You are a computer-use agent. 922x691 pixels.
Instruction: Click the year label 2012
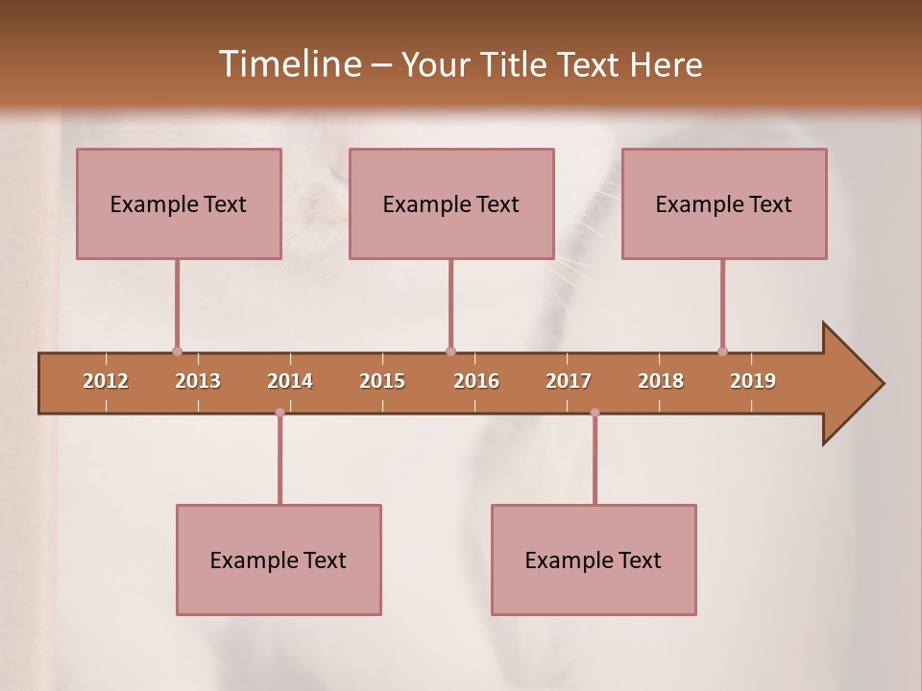[x=106, y=381]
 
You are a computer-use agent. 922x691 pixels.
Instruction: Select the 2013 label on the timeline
[x=198, y=381]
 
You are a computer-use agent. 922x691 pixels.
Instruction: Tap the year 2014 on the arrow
[x=290, y=381]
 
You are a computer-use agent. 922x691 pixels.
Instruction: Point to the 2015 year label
[x=382, y=381]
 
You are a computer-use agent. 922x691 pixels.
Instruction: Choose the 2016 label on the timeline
[x=476, y=381]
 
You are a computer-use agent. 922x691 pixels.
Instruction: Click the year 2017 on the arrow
[x=569, y=381]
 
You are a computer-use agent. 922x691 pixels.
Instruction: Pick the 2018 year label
[x=661, y=381]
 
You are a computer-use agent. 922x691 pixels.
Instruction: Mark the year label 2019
[x=753, y=381]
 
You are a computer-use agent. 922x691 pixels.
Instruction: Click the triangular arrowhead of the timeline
[x=850, y=384]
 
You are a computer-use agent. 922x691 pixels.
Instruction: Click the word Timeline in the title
[x=289, y=64]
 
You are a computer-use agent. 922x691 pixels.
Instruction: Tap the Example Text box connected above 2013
[x=179, y=203]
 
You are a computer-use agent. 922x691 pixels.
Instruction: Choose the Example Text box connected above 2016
[x=451, y=203]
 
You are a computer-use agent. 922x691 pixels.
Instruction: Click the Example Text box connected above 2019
[x=724, y=203]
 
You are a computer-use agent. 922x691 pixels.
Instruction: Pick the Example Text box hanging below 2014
[x=279, y=560]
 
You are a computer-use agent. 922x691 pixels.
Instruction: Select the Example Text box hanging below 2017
[x=594, y=560]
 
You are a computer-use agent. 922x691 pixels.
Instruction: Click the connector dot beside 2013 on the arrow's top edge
[x=177, y=351]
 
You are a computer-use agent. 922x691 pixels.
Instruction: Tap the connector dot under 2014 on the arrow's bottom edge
[x=279, y=413]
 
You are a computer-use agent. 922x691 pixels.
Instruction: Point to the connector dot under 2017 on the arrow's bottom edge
[x=594, y=413]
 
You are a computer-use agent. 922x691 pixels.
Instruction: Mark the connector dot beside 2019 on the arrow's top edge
[x=722, y=351]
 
